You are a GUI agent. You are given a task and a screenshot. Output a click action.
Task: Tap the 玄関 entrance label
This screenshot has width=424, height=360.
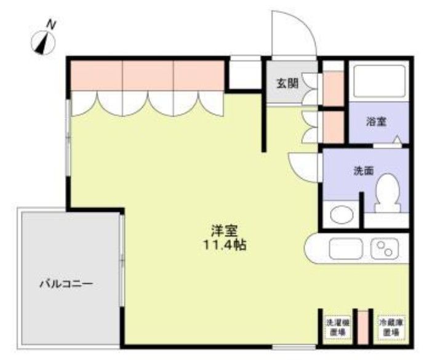284,83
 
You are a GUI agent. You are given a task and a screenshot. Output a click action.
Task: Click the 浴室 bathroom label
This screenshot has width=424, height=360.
377,121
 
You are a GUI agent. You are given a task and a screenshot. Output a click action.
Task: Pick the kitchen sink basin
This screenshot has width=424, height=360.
346,249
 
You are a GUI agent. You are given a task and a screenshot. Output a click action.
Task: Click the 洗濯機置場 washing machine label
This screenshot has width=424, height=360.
336,327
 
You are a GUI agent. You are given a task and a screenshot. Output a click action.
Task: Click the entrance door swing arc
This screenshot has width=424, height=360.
295,31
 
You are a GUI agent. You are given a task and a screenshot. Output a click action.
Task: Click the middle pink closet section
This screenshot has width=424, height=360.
148,75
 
